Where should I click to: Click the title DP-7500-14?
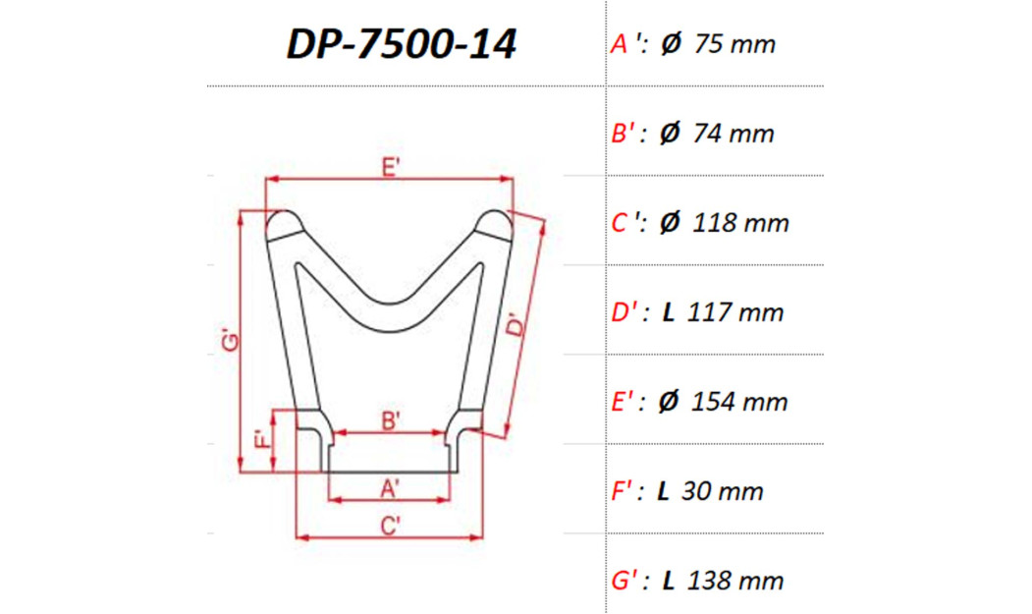401,44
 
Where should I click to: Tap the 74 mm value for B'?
733,134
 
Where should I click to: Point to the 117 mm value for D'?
737,312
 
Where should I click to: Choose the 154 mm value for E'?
739,402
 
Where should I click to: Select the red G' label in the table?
626,581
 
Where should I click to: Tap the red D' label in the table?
627,312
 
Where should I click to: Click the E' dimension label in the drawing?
390,168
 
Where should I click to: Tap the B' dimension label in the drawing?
390,420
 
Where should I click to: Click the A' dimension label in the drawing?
390,486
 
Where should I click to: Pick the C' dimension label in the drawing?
390,526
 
